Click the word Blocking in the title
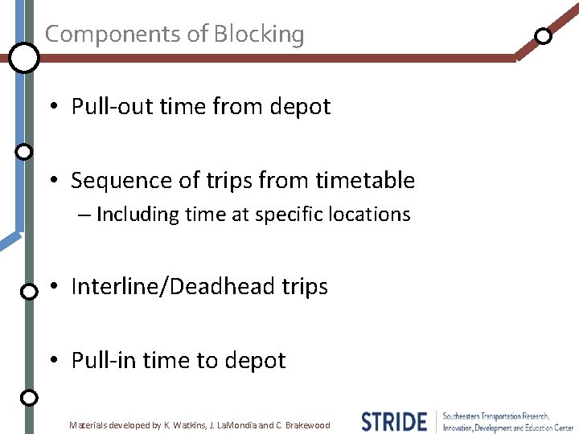click(x=258, y=35)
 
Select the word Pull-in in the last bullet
click(x=97, y=361)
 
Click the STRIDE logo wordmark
click(x=393, y=421)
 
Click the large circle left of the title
click(x=24, y=58)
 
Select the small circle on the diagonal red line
click(x=544, y=36)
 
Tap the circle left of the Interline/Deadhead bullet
click(x=28, y=291)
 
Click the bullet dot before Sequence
click(x=51, y=182)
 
